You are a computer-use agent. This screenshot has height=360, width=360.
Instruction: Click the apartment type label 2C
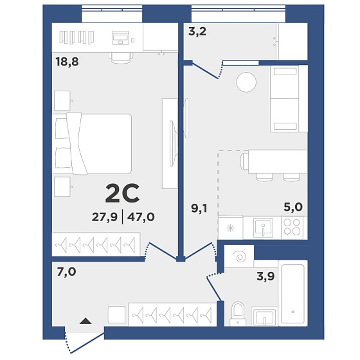pyautogui.click(x=122, y=194)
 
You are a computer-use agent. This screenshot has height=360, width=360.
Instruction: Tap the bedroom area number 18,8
pyautogui.click(x=67, y=62)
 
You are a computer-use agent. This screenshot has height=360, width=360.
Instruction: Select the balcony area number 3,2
pyautogui.click(x=197, y=32)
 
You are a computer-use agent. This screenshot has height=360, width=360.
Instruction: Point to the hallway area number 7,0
pyautogui.click(x=66, y=271)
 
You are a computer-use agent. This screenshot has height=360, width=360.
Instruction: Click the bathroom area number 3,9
pyautogui.click(x=265, y=276)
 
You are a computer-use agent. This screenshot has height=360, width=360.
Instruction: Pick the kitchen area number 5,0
pyautogui.click(x=293, y=207)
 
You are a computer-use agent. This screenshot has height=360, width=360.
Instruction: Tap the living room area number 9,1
pyautogui.click(x=199, y=208)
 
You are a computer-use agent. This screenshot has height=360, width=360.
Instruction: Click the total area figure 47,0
pyautogui.click(x=141, y=217)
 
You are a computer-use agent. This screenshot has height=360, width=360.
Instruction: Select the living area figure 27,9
pyautogui.click(x=105, y=217)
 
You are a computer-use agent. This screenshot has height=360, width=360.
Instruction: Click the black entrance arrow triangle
pyautogui.click(x=85, y=321)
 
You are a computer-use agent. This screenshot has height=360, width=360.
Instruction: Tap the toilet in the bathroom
pyautogui.click(x=238, y=314)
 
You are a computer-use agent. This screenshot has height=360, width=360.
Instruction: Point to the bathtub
pyautogui.click(x=292, y=293)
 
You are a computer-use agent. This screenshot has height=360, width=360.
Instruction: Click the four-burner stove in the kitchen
pyautogui.click(x=292, y=228)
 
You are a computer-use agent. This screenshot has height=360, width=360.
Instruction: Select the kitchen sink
pyautogui.click(x=263, y=228)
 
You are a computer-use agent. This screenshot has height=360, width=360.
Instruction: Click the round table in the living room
pyautogui.click(x=246, y=82)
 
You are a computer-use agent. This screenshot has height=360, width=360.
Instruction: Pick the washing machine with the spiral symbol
pyautogui.click(x=239, y=256)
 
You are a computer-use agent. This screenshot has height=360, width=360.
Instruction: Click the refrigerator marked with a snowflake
pyautogui.click(x=230, y=228)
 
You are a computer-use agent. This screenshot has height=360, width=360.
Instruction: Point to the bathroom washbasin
pyautogui.click(x=264, y=316)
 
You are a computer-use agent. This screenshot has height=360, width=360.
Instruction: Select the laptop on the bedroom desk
pyautogui.click(x=120, y=38)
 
